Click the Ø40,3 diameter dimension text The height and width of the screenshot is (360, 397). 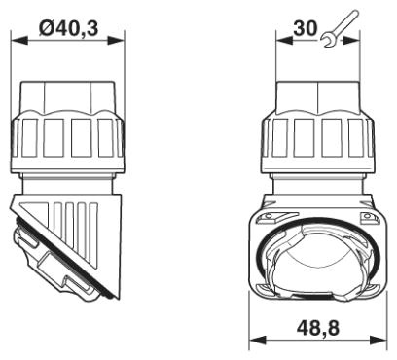tap(68, 28)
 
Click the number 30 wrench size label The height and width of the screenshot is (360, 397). tap(305, 28)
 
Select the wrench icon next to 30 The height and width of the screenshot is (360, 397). tap(339, 28)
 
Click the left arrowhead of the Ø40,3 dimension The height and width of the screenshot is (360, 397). tap(19, 41)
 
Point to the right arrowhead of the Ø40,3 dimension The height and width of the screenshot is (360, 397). tap(116, 41)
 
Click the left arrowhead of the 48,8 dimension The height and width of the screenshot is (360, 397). tap(258, 341)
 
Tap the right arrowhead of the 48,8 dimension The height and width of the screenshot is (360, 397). tap(379, 341)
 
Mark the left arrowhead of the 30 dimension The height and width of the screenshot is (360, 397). tap(284, 41)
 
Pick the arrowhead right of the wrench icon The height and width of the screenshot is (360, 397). tap(351, 41)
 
